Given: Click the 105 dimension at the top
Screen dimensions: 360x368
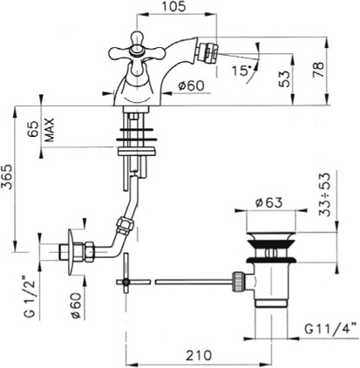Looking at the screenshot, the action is pos(173,6).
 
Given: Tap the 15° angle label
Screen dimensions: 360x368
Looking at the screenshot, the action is pos(241,71).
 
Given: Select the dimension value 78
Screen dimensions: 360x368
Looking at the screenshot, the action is pos(318,70).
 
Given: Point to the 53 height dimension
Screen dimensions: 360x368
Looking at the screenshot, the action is pos(284,78).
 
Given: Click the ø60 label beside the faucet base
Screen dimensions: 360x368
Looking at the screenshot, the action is pos(192,85).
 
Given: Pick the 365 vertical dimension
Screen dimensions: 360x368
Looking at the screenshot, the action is pos(7,177).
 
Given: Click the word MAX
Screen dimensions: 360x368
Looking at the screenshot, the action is pos(50,130).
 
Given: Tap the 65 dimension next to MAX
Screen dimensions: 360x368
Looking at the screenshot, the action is pos(34,129).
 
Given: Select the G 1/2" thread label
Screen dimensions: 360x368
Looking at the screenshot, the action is pos(31,298).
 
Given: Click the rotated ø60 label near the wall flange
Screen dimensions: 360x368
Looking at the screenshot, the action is pos(75,305).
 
